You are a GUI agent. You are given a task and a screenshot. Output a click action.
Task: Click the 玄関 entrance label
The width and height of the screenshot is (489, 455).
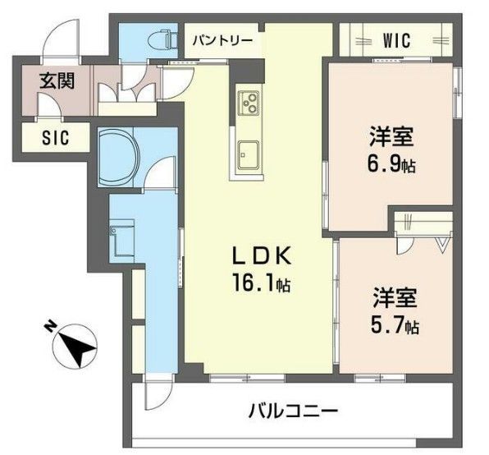pos(57,81)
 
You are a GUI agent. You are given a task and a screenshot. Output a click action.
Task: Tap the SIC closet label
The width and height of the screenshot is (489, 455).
pos(56,137)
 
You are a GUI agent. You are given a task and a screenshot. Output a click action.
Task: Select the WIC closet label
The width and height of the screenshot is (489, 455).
pos(395,40)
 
